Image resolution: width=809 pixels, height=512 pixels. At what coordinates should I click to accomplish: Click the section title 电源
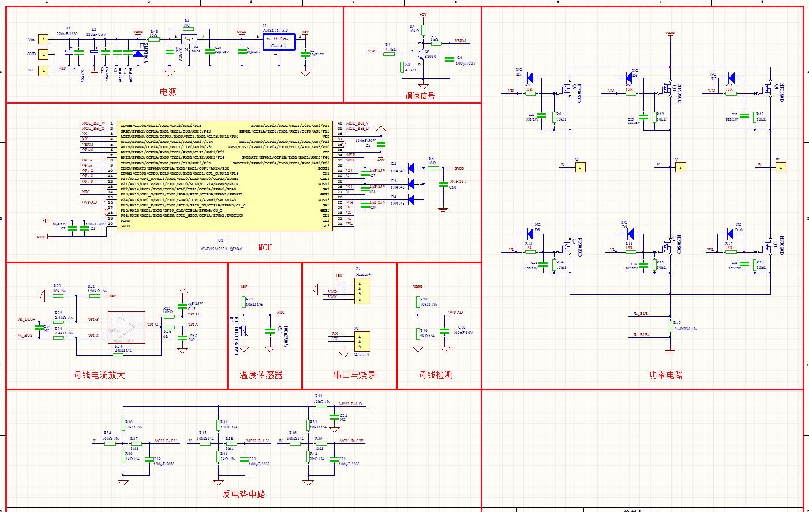pos(168,92)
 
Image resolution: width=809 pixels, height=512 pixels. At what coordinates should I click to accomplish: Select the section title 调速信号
pos(420,96)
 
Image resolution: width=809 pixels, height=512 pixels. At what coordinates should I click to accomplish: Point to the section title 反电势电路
pos(244,494)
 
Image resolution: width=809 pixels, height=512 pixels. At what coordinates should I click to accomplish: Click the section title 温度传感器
pos(261,375)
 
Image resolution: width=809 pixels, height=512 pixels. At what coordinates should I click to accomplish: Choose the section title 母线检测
pos(436,375)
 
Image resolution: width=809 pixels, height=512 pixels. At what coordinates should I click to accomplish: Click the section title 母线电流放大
pos(99,375)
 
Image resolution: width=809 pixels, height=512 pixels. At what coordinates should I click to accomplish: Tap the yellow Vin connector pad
pos(42,39)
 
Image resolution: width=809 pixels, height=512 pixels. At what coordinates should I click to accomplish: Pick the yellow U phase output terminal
pos(580,167)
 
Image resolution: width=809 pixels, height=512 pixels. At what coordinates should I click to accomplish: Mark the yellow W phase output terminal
pos(781,167)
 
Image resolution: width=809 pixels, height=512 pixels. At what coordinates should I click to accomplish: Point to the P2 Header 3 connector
pos(362,341)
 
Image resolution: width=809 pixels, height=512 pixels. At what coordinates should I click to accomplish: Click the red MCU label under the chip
pos(265,247)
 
